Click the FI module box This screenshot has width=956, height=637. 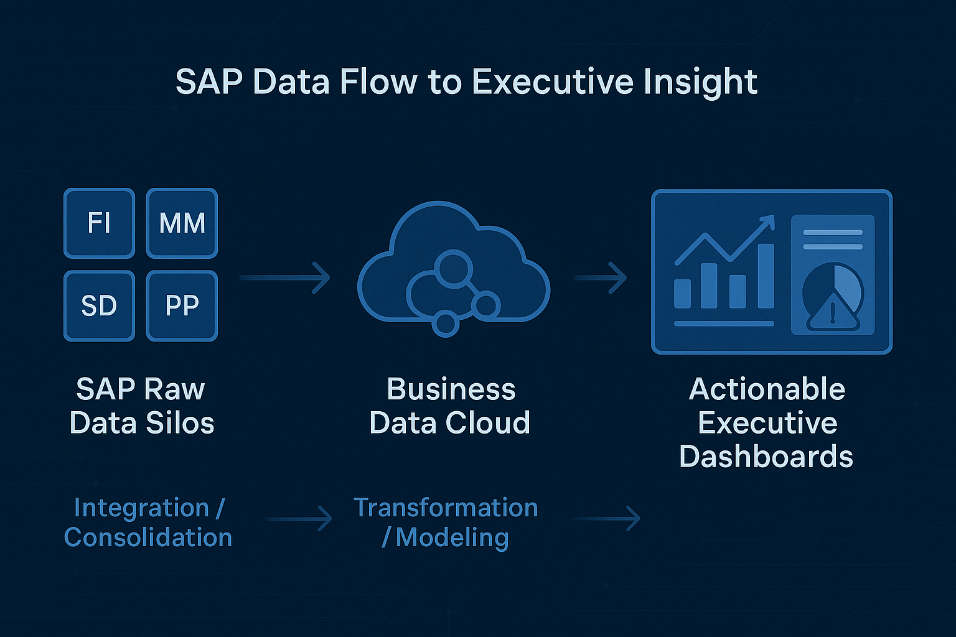pos(99,223)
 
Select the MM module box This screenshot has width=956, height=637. pos(182,223)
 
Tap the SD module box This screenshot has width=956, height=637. pos(99,305)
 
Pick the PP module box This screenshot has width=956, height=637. pos(182,305)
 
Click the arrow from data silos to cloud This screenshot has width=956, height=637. pos(285,277)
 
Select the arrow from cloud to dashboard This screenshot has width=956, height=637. pos(601,277)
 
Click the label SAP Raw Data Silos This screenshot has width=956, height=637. pos(141,406)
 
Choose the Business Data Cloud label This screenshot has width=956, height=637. pos(450,406)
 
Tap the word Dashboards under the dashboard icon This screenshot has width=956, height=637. pos(766,457)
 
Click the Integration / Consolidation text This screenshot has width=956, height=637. pos(148,522)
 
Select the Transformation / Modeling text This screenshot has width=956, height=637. pos(446,522)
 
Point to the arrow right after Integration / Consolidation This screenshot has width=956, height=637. pos(299,518)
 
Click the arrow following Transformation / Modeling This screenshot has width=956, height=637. pos(606,518)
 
